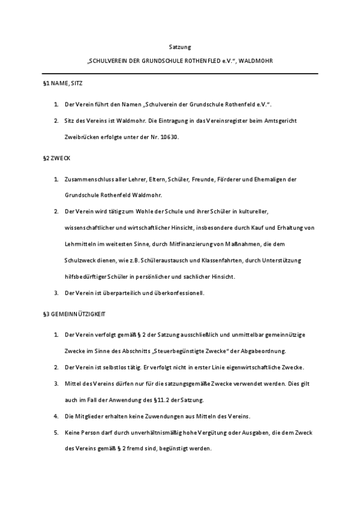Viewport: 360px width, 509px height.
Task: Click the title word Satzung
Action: (x=179, y=46)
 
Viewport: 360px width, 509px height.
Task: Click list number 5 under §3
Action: (x=55, y=433)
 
